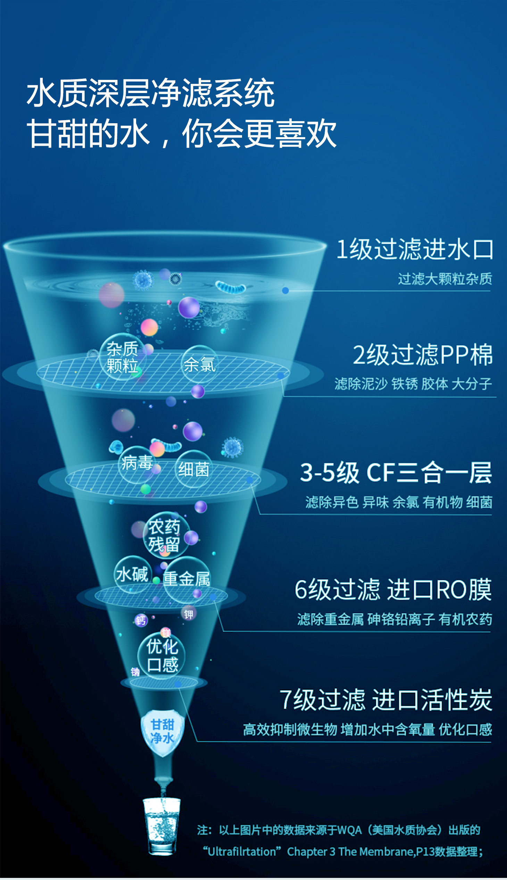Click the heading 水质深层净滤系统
point(150,93)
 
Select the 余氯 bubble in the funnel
point(200,364)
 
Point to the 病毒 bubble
point(137,464)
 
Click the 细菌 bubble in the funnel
point(194,469)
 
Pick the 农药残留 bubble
point(166,535)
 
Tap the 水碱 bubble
point(133,575)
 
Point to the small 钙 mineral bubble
point(141,620)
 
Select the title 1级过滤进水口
point(415,249)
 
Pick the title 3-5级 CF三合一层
point(396,472)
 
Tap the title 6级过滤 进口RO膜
point(393,589)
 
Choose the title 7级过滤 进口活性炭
point(386,699)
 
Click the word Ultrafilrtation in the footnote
point(242,852)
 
